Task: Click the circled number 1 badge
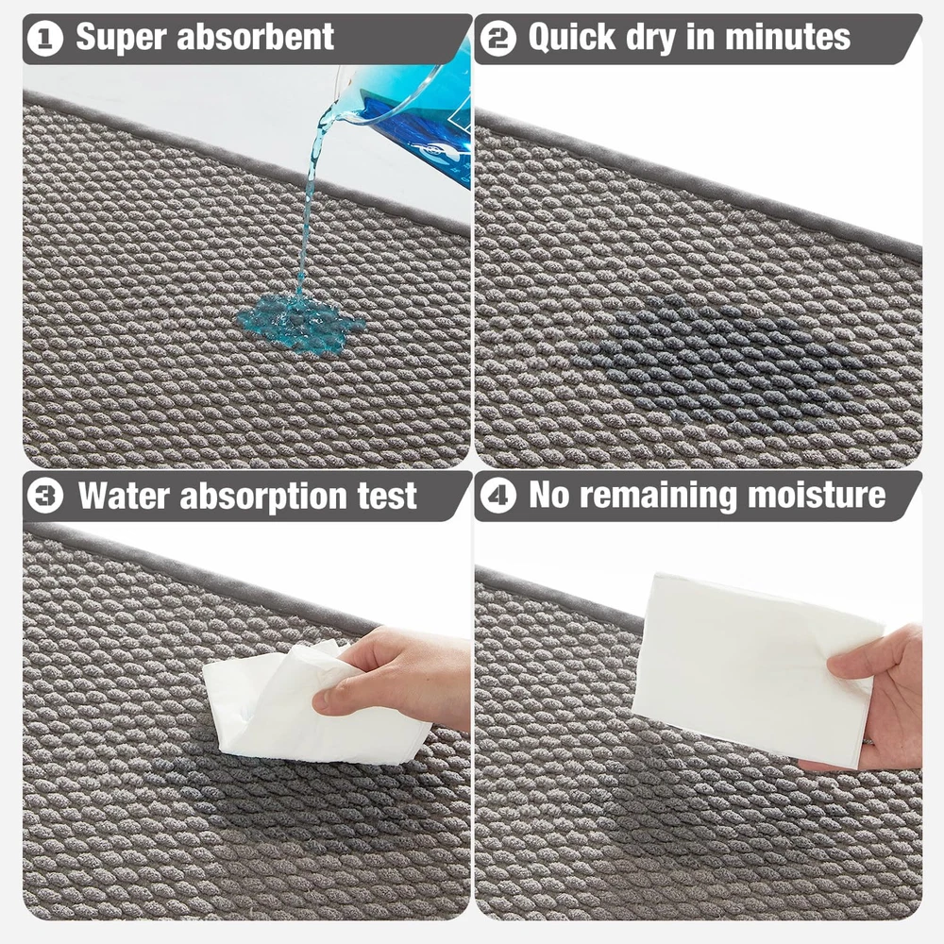click(45, 39)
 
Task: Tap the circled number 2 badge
click(497, 39)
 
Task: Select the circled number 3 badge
click(45, 497)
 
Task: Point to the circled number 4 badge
click(497, 497)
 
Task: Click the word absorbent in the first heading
click(255, 37)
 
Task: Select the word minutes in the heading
click(787, 37)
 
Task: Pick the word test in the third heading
click(387, 497)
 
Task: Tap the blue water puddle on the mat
click(300, 324)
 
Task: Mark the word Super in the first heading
click(121, 39)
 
